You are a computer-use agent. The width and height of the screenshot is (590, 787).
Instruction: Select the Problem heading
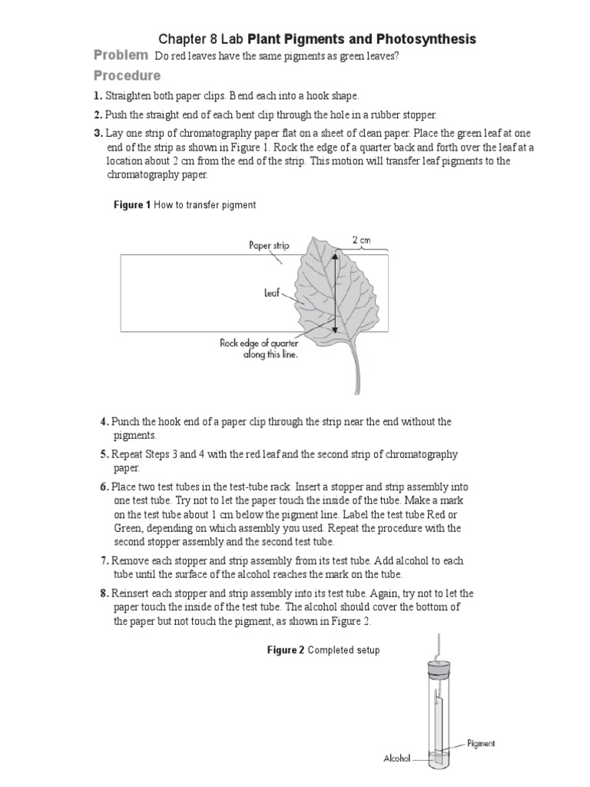pyautogui.click(x=121, y=55)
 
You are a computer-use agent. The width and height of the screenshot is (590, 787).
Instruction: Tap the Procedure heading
pyautogui.click(x=127, y=75)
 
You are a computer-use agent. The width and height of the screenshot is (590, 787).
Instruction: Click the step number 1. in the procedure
pyautogui.click(x=98, y=95)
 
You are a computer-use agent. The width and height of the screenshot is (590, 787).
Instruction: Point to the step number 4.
pyautogui.click(x=104, y=422)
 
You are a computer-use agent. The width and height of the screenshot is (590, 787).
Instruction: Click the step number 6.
pyautogui.click(x=104, y=487)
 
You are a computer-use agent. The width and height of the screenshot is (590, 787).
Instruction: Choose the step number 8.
pyautogui.click(x=104, y=594)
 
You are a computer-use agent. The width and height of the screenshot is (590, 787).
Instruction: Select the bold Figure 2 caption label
pyautogui.click(x=286, y=650)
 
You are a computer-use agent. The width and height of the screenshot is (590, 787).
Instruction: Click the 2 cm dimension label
pyautogui.click(x=360, y=240)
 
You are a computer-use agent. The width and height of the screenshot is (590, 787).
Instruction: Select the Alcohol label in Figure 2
pyautogui.click(x=399, y=758)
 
